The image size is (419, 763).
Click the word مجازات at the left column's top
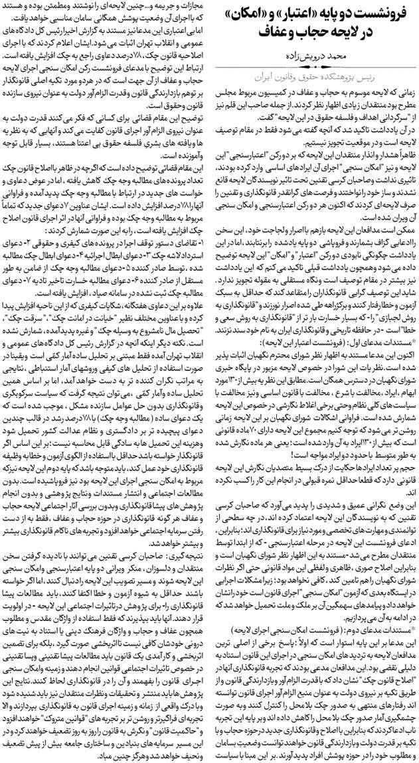pyautogui.click(x=193, y=6)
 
